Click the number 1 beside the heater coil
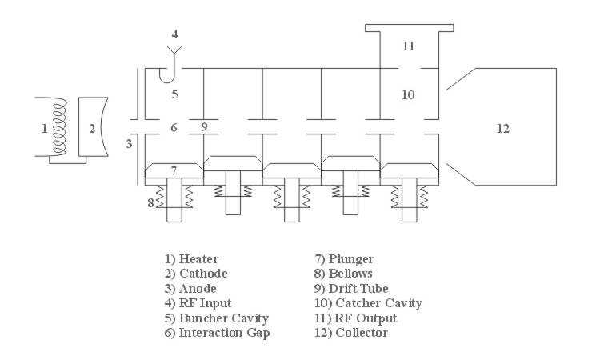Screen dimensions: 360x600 coord(45,127)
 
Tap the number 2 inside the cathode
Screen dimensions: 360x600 coord(91,127)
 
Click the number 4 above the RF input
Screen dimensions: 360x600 coord(174,35)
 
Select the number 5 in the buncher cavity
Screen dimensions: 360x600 coord(174,94)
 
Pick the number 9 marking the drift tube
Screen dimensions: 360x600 coord(204,127)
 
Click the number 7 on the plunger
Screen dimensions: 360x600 coord(174,170)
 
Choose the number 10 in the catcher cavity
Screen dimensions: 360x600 coord(408,94)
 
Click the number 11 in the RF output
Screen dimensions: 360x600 coord(408,46)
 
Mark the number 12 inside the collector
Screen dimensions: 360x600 coord(503,127)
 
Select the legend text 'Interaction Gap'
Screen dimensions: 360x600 coord(229,332)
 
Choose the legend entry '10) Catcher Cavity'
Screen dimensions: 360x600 coord(369,302)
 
